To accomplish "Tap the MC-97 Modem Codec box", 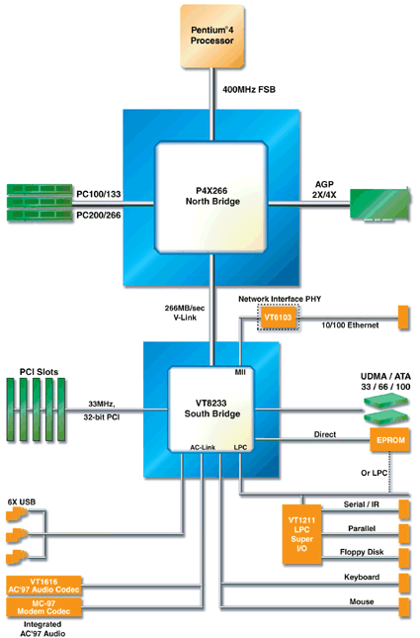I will (57, 608).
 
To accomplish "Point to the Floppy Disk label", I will (366, 551).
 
